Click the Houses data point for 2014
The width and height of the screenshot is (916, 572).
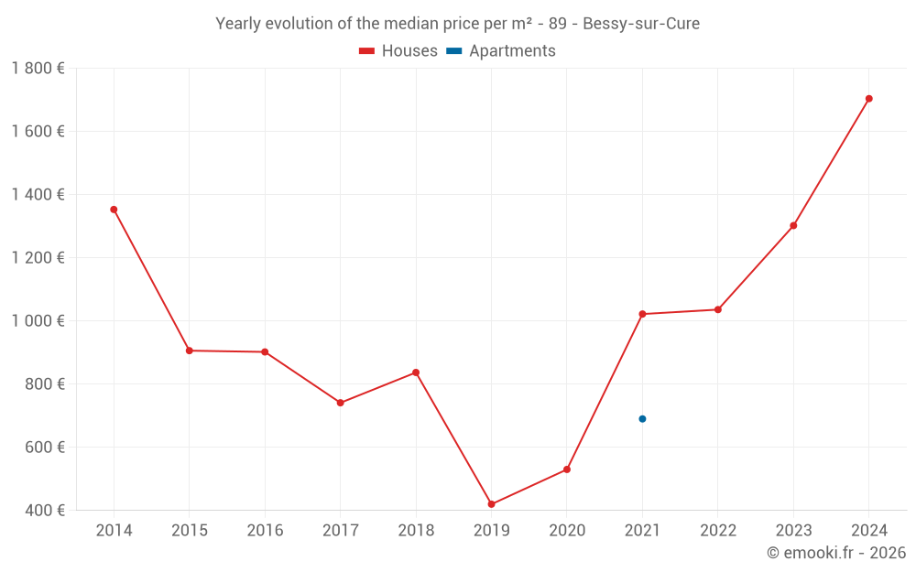pos(114,210)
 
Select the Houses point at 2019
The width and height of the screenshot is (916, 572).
pos(492,504)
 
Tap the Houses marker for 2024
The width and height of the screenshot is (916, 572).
pos(869,99)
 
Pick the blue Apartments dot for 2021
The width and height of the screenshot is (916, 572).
pos(642,419)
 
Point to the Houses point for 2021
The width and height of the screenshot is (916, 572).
pos(642,314)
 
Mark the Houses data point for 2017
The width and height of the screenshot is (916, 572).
pos(340,403)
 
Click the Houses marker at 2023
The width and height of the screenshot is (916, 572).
pos(793,225)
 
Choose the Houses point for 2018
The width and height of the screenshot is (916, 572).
pos(416,372)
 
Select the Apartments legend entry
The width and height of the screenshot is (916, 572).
pos(501,51)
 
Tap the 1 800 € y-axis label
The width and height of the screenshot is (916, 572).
pos(38,69)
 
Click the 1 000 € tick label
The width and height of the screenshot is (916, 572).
pos(38,321)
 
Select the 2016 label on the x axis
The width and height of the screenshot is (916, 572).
pos(265,531)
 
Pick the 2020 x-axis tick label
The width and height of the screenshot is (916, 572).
pos(567,531)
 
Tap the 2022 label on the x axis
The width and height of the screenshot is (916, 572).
pos(718,531)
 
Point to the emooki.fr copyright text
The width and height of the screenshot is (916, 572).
pos(836,553)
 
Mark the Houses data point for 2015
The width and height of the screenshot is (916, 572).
pos(190,351)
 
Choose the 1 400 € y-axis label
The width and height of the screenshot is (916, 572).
pos(38,195)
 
